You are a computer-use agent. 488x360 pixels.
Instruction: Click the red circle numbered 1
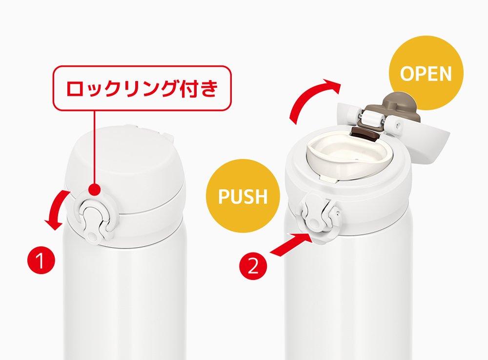pos(41,260)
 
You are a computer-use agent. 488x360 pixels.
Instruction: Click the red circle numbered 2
pos(253,266)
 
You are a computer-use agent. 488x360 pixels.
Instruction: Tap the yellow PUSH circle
pos(243,196)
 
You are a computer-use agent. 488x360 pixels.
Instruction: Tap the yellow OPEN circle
pos(426,73)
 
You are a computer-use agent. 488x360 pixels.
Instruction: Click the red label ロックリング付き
pos(142,88)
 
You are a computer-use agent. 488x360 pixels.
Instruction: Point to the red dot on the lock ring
pos(94,189)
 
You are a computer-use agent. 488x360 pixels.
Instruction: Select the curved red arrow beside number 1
pos(58,209)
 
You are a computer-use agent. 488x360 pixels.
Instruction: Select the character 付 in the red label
pos(182,88)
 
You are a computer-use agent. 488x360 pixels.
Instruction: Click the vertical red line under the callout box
pos(94,147)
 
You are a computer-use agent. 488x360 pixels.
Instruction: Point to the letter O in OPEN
pos(407,74)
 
